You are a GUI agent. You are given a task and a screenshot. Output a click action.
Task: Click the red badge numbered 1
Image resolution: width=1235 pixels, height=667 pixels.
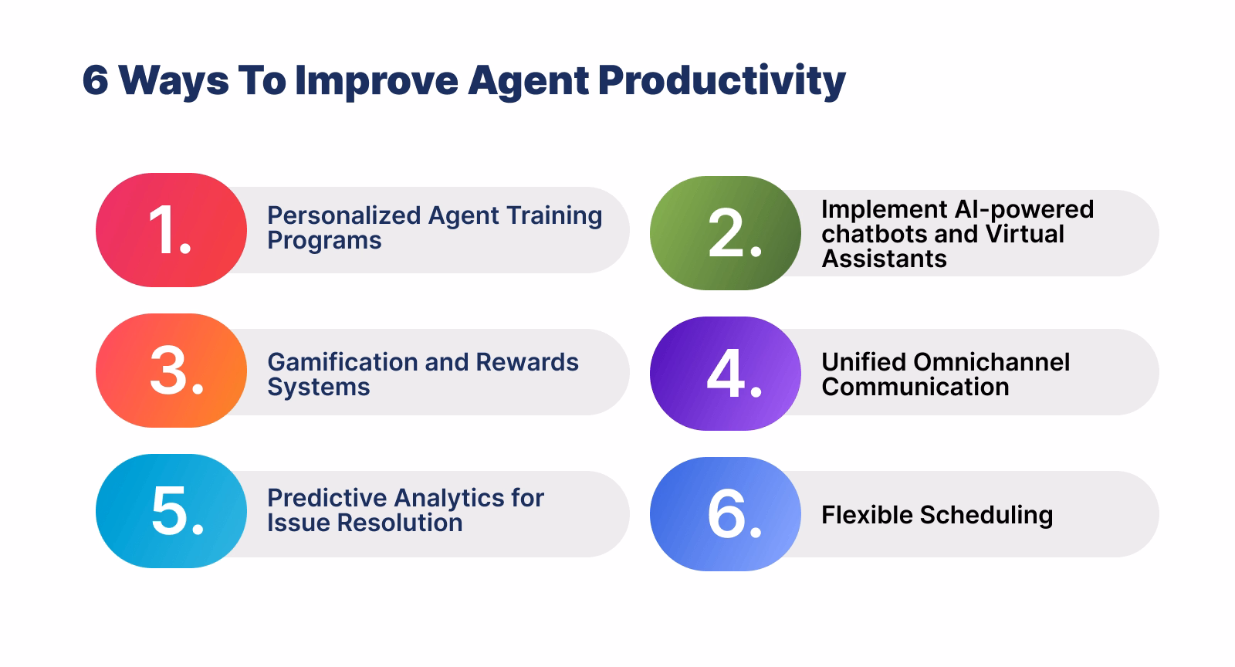coord(171,230)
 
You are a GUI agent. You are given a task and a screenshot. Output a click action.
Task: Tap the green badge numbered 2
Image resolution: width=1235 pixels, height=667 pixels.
coord(726,233)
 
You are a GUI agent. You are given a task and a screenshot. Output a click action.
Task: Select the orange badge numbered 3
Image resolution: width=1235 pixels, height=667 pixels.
coord(171,371)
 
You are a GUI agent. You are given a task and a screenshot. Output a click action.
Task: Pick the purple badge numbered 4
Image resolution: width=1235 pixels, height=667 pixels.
coord(726,373)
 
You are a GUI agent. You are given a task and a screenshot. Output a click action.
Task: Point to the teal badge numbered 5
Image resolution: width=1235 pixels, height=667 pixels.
coord(171,511)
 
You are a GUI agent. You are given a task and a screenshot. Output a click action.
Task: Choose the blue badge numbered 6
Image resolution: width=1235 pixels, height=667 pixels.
coord(726,513)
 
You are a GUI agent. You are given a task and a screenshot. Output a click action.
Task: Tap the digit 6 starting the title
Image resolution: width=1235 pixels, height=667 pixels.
coord(96,80)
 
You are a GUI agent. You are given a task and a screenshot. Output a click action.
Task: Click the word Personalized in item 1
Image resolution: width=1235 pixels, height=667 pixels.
coord(344,215)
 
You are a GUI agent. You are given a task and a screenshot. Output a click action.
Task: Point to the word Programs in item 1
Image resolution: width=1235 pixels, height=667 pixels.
coord(324,241)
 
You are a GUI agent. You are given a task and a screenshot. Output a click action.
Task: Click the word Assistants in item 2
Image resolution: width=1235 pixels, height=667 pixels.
coord(885,259)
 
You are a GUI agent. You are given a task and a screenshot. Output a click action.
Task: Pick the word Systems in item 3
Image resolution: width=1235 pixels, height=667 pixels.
coord(319,388)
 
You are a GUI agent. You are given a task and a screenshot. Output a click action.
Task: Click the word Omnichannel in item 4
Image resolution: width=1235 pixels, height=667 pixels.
coord(992,362)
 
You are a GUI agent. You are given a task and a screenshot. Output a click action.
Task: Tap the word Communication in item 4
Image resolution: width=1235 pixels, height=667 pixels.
coord(915,387)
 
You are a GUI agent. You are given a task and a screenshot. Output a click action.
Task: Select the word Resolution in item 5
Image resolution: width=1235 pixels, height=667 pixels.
coord(400,523)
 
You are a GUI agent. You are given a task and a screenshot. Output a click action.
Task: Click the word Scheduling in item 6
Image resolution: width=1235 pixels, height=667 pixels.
coord(986,516)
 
